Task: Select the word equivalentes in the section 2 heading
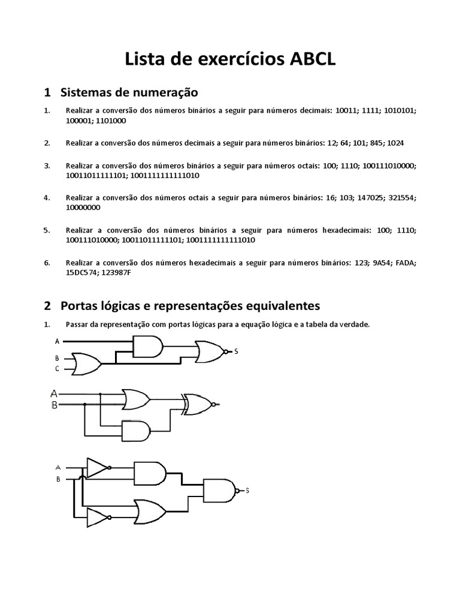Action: (x=281, y=306)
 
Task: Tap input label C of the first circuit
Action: (x=57, y=369)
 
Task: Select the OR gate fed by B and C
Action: (x=86, y=363)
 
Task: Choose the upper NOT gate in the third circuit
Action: (x=97, y=467)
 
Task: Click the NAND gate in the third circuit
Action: (x=220, y=490)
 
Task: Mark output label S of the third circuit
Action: (x=247, y=490)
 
